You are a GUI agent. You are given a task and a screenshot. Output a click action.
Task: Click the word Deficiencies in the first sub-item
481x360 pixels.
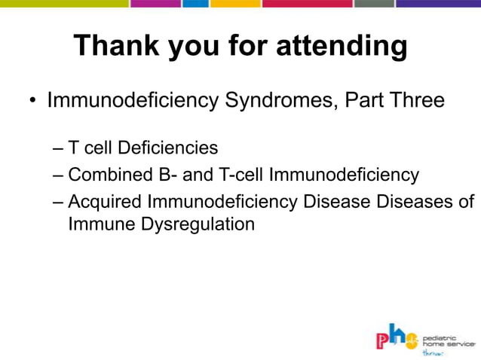[x=167, y=148]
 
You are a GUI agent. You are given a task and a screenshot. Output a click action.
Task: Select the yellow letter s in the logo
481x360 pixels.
[x=412, y=341]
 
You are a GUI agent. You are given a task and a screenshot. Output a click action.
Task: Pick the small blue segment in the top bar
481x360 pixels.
[x=195, y=3]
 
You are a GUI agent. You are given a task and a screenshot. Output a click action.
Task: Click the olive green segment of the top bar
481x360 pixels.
[x=64, y=3]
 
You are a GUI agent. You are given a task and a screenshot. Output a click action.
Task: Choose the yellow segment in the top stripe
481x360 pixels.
[x=234, y=3]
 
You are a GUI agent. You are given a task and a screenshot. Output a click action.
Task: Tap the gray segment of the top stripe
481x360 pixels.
[x=373, y=3]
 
